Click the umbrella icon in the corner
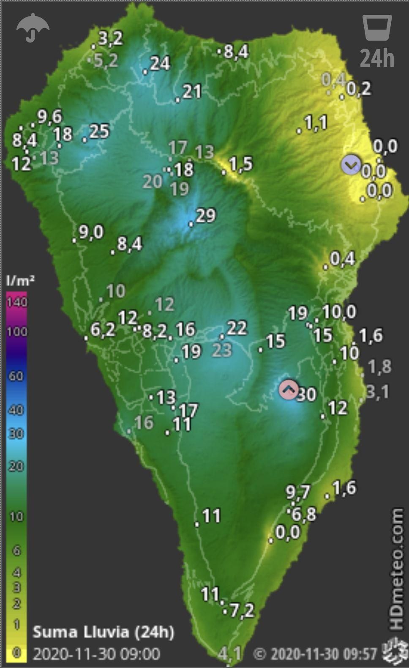coord(33,27)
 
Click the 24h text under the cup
coord(377,58)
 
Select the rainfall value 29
coord(206,216)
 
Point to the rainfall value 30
coord(307,394)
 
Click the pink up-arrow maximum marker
coord(289,390)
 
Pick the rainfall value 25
coord(99,131)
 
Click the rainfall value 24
coord(160,63)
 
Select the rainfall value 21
coord(192,91)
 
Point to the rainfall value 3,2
coord(110,38)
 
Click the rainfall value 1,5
coord(240,164)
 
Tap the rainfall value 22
coord(237,328)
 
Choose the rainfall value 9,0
coord(91,232)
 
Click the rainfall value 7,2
coord(242,610)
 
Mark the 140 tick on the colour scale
coord(17,302)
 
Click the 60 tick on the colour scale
coord(16,375)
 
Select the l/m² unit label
coord(20,280)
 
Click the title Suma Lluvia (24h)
coord(103,632)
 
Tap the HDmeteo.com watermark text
coord(396,569)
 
